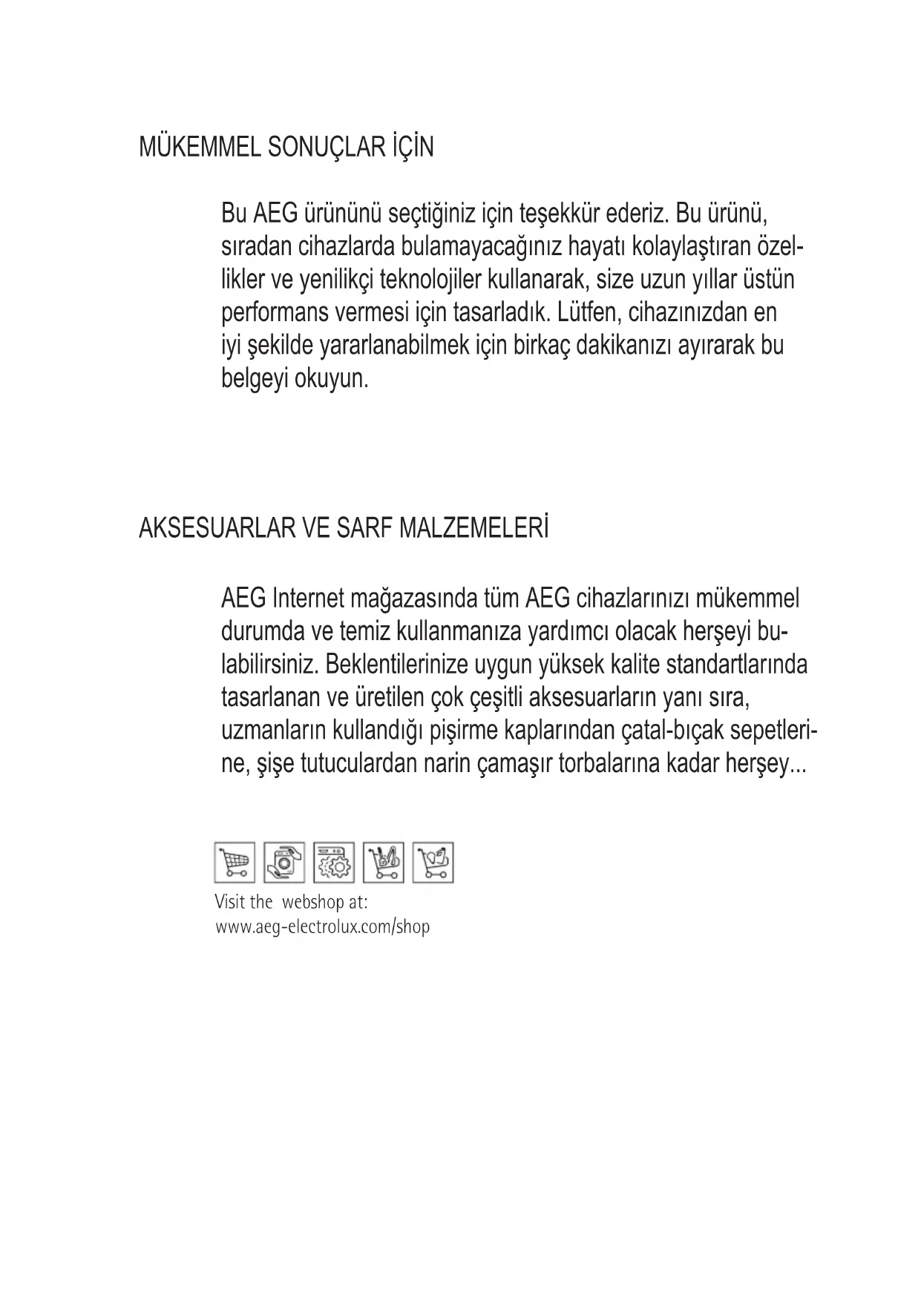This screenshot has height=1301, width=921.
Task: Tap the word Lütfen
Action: (x=588, y=312)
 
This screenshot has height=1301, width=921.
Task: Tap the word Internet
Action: (x=307, y=599)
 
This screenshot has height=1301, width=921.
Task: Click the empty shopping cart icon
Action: (x=235, y=863)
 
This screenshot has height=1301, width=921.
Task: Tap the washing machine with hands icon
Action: (x=284, y=863)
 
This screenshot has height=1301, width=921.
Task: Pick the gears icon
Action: (x=334, y=863)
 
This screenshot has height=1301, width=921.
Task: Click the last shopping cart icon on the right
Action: (x=433, y=863)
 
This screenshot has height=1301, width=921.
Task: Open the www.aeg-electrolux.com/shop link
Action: (x=322, y=927)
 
